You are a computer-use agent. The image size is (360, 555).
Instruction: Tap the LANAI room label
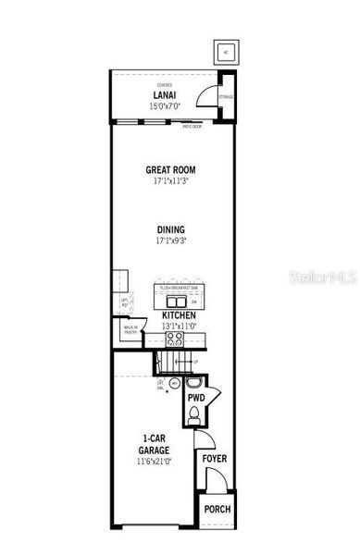coord(166,95)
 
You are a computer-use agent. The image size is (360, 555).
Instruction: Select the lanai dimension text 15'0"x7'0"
coord(166,105)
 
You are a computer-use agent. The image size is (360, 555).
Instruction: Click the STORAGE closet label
coord(226,95)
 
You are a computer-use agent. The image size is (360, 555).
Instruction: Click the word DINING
coord(170,229)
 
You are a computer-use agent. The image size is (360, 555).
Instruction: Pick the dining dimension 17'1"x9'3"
coord(170,240)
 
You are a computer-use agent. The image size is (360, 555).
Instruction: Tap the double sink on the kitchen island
coord(172,301)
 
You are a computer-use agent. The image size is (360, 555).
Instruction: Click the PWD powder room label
coord(195,399)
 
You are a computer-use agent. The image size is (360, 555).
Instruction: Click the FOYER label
coord(215,459)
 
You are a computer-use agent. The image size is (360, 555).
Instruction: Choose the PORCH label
coord(217,510)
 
